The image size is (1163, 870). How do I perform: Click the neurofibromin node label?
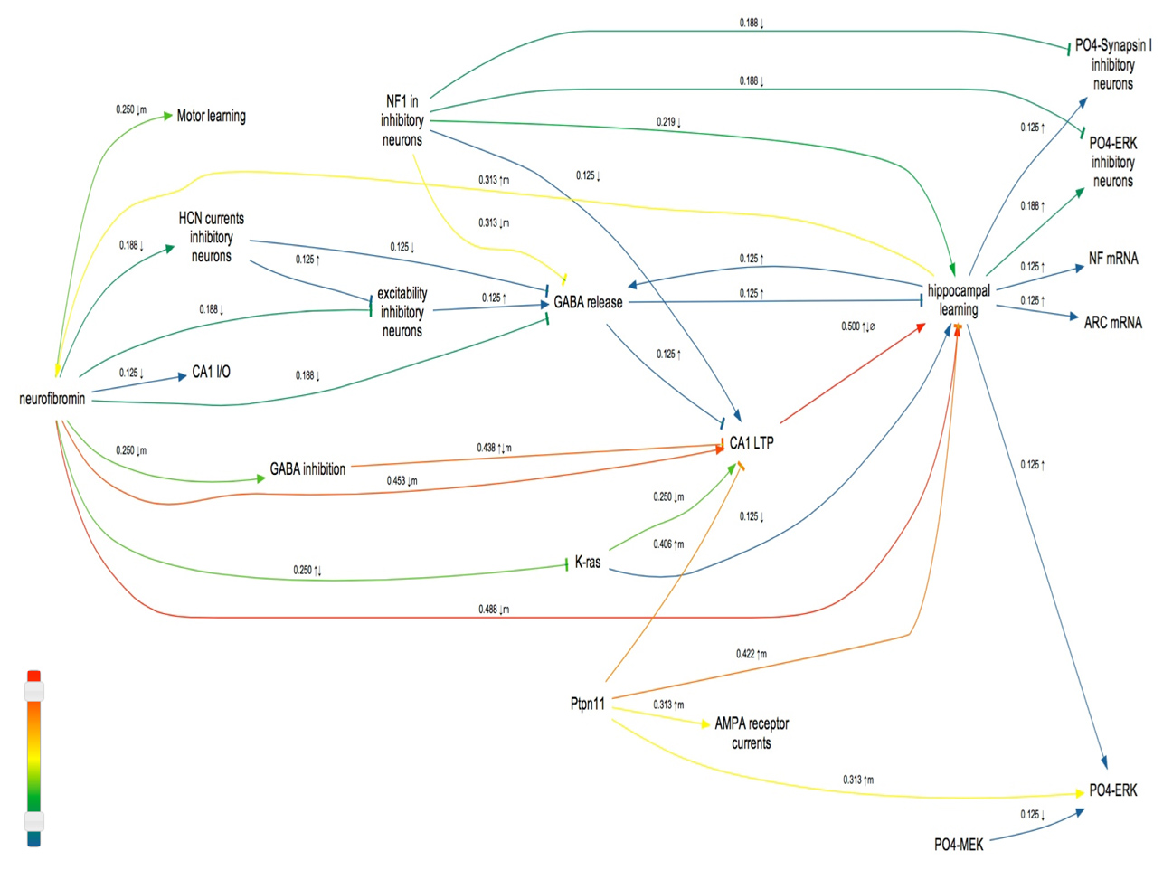point(52,399)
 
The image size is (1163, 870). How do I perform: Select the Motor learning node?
point(211,116)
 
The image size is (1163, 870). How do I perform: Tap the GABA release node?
point(588,302)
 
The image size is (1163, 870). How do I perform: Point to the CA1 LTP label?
point(751,442)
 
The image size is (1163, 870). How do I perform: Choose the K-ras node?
point(587,562)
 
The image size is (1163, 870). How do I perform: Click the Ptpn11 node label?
point(587,704)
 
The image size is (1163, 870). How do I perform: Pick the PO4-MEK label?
point(958,845)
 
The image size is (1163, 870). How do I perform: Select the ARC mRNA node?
point(1112,322)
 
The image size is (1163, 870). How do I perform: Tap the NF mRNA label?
point(1112,258)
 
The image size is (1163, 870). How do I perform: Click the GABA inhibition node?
point(307,468)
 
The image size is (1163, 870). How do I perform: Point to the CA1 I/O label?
point(211,372)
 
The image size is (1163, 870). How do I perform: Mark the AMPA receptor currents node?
point(751,733)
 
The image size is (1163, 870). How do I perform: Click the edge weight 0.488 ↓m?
point(493,610)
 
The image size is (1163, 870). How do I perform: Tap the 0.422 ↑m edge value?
point(751,654)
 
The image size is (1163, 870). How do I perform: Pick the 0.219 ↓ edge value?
point(668,122)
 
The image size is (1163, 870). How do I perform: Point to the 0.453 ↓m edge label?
point(402,480)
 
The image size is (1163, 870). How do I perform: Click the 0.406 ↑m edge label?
point(668,544)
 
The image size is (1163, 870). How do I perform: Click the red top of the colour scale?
point(33,676)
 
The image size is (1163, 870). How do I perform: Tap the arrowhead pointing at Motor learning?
point(168,116)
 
